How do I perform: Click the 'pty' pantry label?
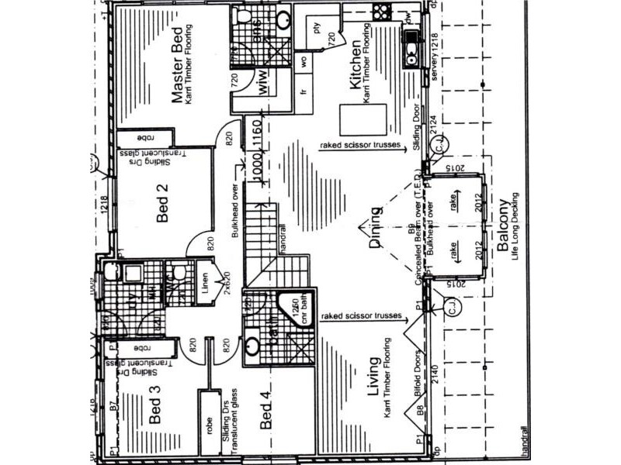pyautogui.click(x=316, y=29)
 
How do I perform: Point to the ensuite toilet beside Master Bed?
pyautogui.click(x=244, y=18)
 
